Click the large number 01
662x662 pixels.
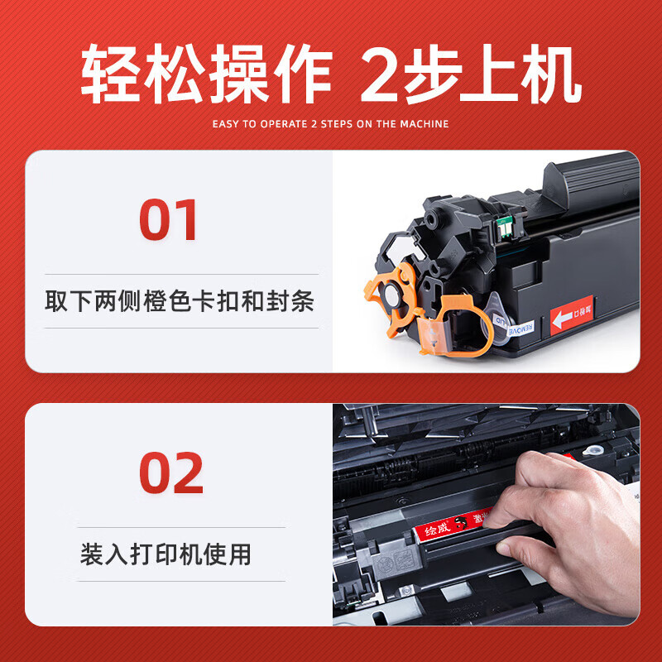click(169, 220)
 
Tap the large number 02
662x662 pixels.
click(170, 473)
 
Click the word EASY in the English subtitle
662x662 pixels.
click(228, 124)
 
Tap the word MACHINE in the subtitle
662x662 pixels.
click(424, 124)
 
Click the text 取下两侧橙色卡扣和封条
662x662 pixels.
click(180, 301)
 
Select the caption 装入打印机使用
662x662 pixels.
click(165, 554)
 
